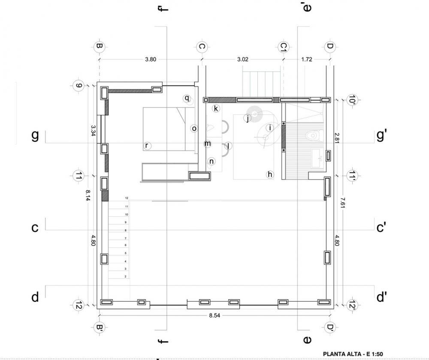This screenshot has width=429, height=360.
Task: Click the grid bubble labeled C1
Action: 284,47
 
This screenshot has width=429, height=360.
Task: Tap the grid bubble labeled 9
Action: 79,86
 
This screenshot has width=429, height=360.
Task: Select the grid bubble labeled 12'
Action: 352,305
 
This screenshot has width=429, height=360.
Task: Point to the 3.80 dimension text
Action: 151,59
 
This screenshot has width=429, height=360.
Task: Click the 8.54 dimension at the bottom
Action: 214,315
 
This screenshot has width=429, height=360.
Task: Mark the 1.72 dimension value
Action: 307,59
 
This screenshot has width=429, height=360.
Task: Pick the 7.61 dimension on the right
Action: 342,203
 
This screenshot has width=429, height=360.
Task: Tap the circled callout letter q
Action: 187,98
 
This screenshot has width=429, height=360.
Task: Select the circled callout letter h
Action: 270,174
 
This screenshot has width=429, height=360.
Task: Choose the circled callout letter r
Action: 147,146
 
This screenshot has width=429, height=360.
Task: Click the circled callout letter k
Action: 216,108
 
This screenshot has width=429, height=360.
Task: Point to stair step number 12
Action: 127,198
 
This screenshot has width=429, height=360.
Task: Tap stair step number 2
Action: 126,276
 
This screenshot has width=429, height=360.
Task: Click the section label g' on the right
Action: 381,135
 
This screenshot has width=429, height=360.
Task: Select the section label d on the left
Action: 35,297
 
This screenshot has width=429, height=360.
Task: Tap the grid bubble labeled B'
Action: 99,327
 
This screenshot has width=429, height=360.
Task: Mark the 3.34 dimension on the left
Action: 93,131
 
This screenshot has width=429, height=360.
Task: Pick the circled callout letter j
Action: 248,118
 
